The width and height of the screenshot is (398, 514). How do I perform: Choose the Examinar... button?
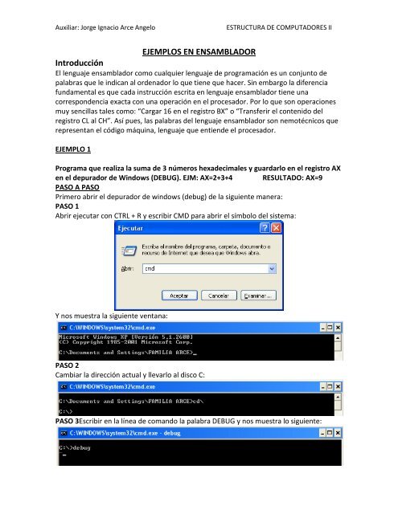point(262,293)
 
